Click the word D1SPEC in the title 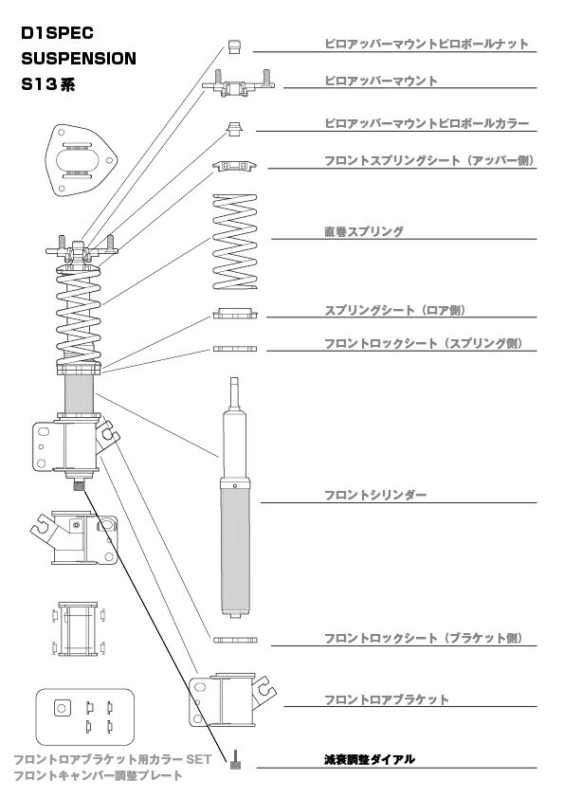point(57,33)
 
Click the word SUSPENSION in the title point(79,59)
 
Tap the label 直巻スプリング point(364,231)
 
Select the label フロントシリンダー point(375,495)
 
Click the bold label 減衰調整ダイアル point(370,759)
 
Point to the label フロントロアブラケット point(387,699)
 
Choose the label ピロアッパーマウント point(381,81)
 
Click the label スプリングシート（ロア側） point(395,310)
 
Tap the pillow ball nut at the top point(234,46)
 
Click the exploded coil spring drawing point(235,242)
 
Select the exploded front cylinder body point(235,498)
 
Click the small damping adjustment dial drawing point(236,759)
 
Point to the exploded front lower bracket point(231,700)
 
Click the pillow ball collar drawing point(234,129)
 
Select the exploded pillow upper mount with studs point(238,84)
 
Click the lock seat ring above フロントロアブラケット point(235,640)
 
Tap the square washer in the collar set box point(63,708)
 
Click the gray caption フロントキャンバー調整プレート point(98,775)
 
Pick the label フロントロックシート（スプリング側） point(424,343)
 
